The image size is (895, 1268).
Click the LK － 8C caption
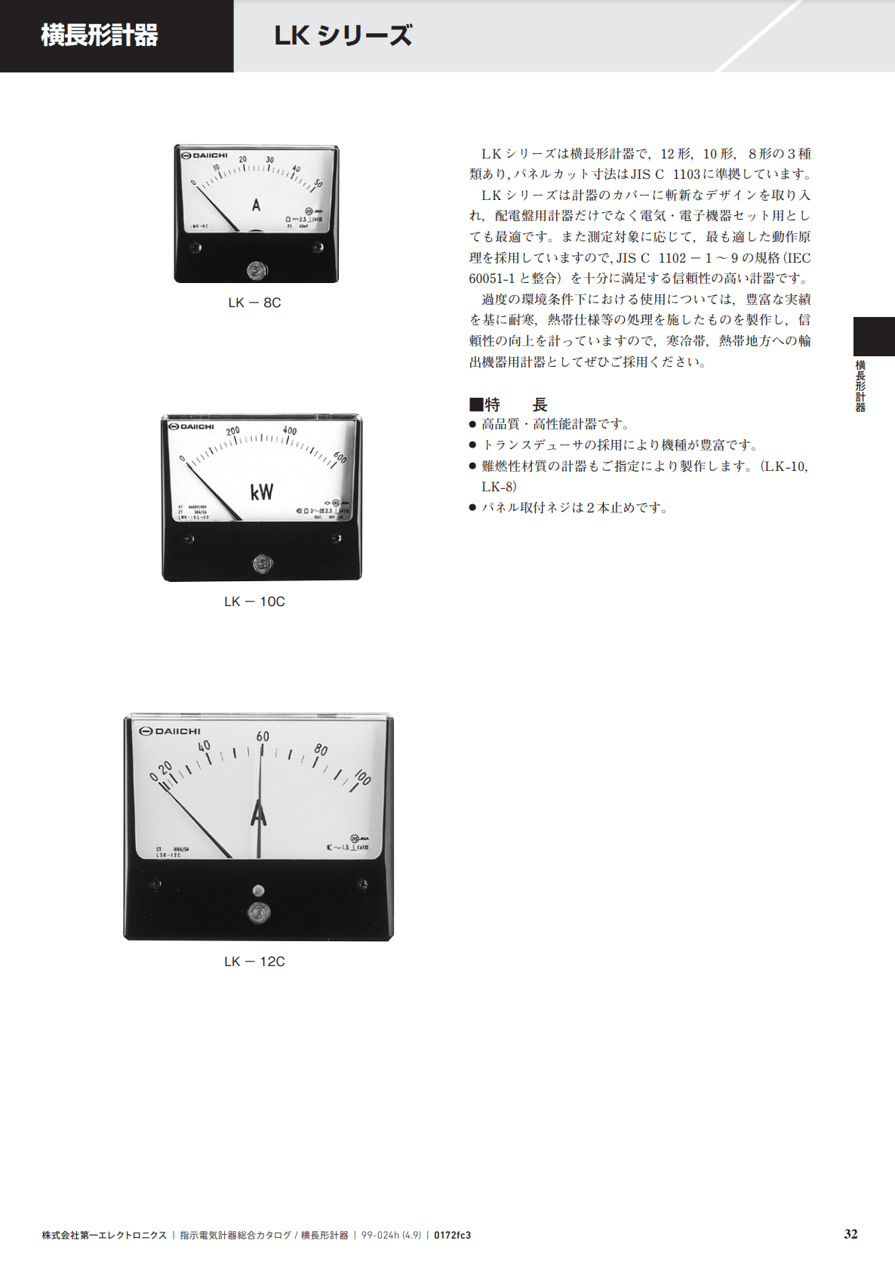pos(254,303)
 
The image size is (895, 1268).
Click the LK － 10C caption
pos(254,602)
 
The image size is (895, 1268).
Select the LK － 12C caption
pos(254,962)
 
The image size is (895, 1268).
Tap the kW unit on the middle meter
pos(262,492)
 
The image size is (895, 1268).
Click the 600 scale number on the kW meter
pos(340,458)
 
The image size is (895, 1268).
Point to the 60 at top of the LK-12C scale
pos(263,737)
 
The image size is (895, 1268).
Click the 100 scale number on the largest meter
pos(362,777)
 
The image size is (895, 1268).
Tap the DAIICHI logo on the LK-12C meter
pos(171,731)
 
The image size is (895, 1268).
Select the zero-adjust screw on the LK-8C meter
pos(257,269)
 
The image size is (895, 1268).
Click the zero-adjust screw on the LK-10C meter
pos(262,563)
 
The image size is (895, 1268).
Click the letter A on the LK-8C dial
pos(256,205)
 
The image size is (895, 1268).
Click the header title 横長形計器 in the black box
pos(99,35)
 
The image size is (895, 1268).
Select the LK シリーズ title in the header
pos(343,35)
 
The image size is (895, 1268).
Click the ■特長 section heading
pos(508,405)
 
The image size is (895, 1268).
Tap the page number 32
pos(850,1234)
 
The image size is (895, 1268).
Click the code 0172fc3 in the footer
pos(452,1236)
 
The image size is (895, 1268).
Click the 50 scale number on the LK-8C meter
pos(318,183)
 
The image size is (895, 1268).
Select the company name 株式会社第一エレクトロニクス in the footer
pos(104,1236)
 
